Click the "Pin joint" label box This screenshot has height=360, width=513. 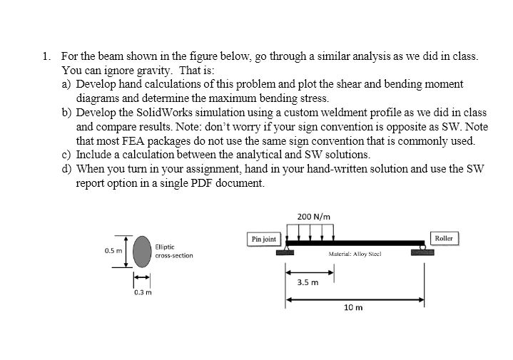click(x=263, y=240)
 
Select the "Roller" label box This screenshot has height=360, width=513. click(x=443, y=237)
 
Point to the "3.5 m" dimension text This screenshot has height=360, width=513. click(x=308, y=282)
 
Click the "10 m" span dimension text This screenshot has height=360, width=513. click(x=353, y=308)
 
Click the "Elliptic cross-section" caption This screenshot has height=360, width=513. click(x=173, y=251)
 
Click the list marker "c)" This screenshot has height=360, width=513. click(x=67, y=155)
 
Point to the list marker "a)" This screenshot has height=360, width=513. click(x=67, y=84)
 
